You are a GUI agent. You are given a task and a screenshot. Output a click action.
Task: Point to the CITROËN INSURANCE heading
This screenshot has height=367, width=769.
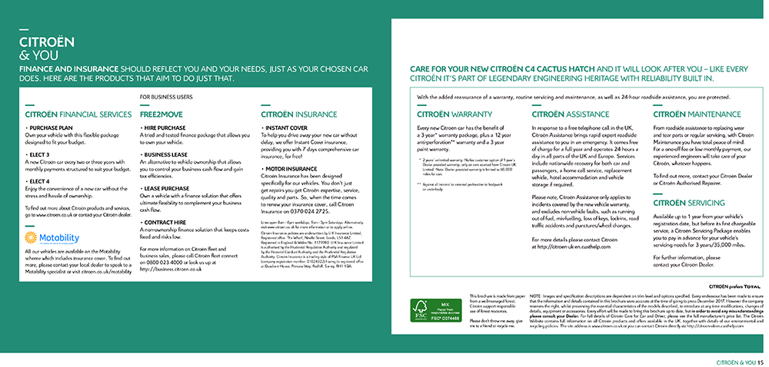coord(299,114)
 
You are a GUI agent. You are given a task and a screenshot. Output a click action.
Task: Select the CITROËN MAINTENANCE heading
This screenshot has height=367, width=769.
coord(697,114)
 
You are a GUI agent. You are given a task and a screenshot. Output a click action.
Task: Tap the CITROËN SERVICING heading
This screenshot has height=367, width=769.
coord(688,203)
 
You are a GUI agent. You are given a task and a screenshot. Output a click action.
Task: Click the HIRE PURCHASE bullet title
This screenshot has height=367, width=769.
coord(166,128)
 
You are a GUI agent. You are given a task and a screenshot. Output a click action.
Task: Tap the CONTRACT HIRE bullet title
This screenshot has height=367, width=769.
coord(167,222)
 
